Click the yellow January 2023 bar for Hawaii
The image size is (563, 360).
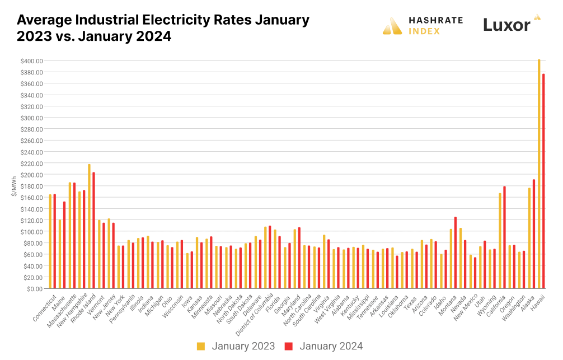pyautogui.click(x=539, y=174)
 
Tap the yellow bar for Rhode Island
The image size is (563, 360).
pyautogui.click(x=89, y=226)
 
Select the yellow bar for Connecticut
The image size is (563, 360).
pyautogui.click(x=50, y=241)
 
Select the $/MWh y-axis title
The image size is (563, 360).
pyautogui.click(x=13, y=185)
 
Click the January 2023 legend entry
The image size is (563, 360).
pyautogui.click(x=236, y=346)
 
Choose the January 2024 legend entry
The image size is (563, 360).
pyautogui.click(x=325, y=346)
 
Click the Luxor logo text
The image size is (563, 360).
pyautogui.click(x=506, y=25)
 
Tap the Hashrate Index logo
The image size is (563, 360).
pyautogui.click(x=423, y=25)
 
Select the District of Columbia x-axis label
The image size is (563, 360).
pyautogui.click(x=252, y=314)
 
